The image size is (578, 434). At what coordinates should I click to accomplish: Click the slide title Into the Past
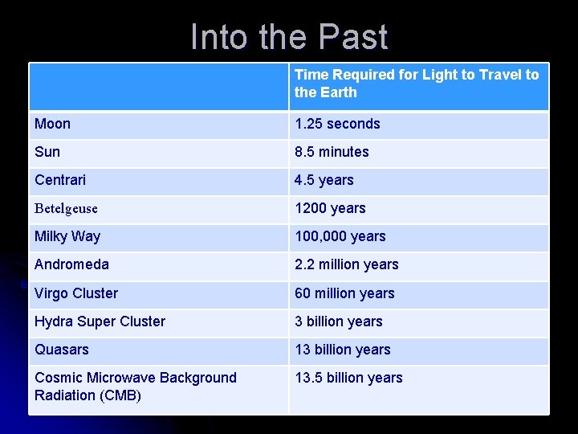[289, 38]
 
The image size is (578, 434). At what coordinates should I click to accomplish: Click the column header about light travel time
[417, 84]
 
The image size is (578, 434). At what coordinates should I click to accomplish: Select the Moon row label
[53, 124]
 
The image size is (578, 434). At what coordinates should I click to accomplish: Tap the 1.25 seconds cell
[337, 124]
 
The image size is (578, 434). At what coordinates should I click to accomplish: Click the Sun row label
[47, 152]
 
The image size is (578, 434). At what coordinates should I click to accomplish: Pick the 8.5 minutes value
[332, 152]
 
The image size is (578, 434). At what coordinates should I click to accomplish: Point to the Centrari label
[60, 180]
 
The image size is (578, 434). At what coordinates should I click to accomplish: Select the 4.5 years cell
[324, 180]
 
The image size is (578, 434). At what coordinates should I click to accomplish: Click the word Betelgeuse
[66, 208]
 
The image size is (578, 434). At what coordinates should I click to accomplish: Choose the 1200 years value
[330, 208]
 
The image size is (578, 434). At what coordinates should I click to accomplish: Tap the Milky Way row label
[67, 236]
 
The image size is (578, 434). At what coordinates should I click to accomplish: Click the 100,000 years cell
[340, 236]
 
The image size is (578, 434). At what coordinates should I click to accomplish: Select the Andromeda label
[71, 264]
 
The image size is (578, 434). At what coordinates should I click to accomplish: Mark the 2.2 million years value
[346, 264]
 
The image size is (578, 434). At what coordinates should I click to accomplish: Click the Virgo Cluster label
[76, 293]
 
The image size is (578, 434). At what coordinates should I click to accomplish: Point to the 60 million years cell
[344, 293]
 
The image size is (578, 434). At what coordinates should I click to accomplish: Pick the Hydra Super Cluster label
[100, 321]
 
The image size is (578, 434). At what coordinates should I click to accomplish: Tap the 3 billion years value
[338, 321]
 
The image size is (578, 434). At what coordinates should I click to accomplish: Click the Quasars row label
[62, 350]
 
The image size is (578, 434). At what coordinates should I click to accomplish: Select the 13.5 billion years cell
[348, 378]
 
